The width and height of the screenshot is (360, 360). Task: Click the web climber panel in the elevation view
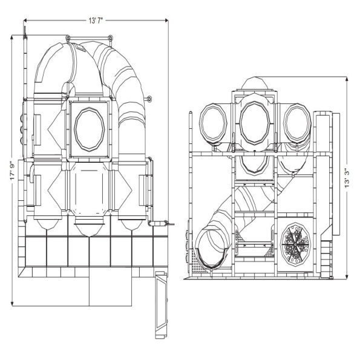point(296,246)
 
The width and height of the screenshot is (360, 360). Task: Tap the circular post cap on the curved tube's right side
point(149,97)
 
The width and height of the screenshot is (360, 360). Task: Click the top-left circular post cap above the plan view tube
point(68,39)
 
